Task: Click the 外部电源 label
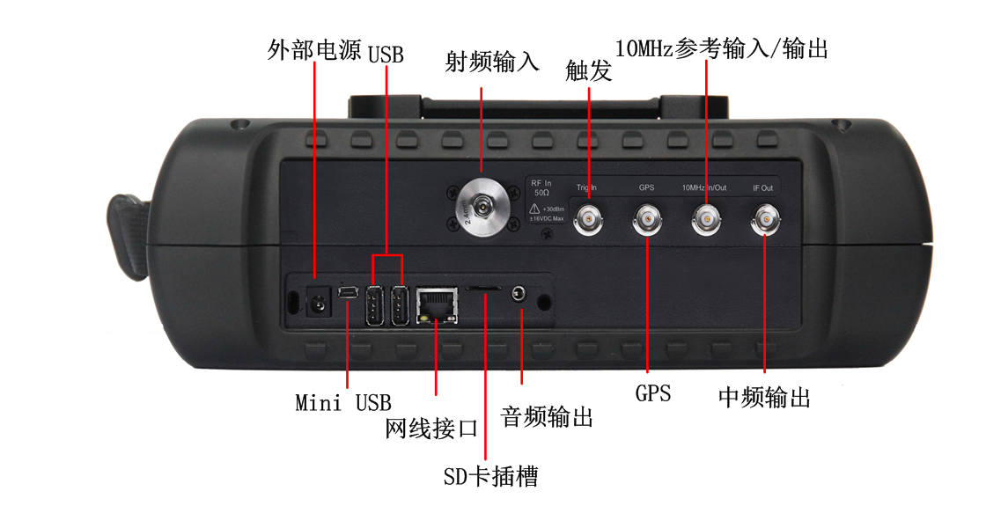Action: [314, 50]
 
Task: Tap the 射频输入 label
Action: [492, 62]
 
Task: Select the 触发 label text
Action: [589, 71]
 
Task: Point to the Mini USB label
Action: [343, 403]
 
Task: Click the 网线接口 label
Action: [432, 429]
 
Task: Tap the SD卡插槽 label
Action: [490, 476]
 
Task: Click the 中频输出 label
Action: [764, 398]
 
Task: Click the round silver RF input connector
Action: [481, 208]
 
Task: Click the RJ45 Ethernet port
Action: [436, 304]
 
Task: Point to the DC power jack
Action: [314, 304]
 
